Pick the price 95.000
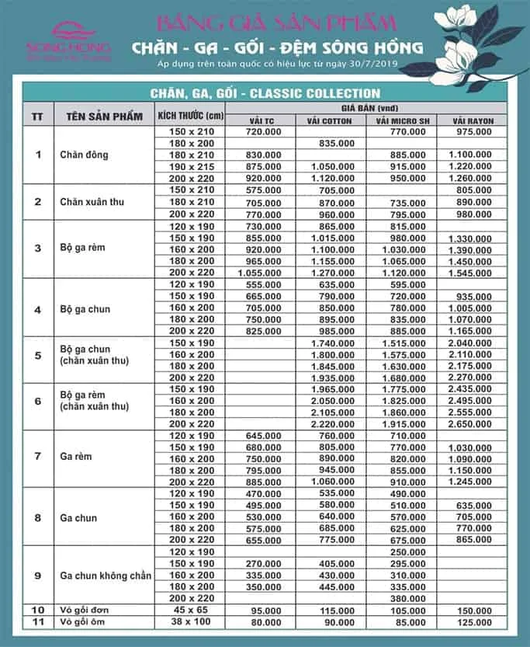point(265,611)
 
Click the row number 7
point(39,455)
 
